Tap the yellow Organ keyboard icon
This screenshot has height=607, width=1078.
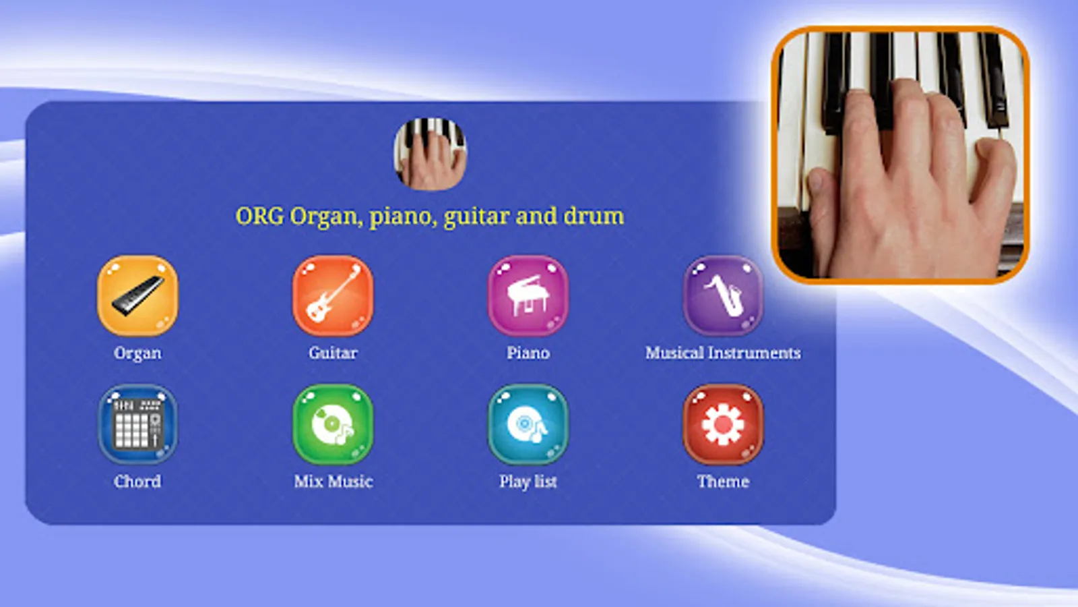coord(137,296)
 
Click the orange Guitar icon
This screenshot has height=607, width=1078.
coord(333,296)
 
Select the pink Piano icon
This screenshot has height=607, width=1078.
coord(528,296)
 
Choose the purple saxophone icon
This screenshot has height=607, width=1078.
coord(723,296)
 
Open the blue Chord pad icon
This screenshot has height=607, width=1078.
coord(137,424)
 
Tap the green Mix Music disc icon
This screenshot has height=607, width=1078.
coord(333,424)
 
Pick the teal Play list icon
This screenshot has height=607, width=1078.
coord(528,424)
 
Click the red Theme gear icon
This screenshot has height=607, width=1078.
coord(723,424)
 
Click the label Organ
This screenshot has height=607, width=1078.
coord(137,353)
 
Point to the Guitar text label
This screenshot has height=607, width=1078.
coord(333,353)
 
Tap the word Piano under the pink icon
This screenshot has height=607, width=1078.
coord(528,353)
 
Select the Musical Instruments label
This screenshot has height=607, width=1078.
coord(723,353)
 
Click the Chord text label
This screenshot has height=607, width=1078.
coord(137,482)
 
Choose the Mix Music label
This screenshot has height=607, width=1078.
coord(334,482)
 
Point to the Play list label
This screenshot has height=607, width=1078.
coord(528,482)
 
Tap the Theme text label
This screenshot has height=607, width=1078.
coord(723,482)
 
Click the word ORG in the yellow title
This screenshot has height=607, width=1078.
coord(259,216)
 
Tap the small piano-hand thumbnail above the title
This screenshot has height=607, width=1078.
coord(431,154)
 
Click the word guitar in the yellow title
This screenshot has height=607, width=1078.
coord(476,216)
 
